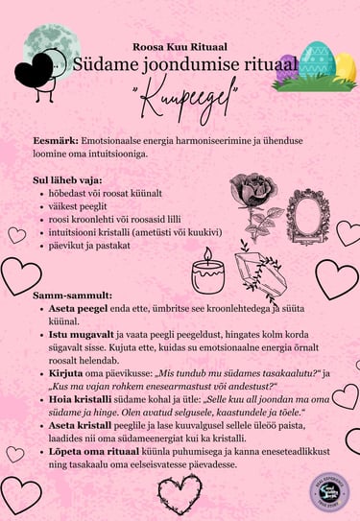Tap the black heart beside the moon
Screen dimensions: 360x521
[x=41, y=68]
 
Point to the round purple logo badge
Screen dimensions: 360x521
[x=329, y=490]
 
